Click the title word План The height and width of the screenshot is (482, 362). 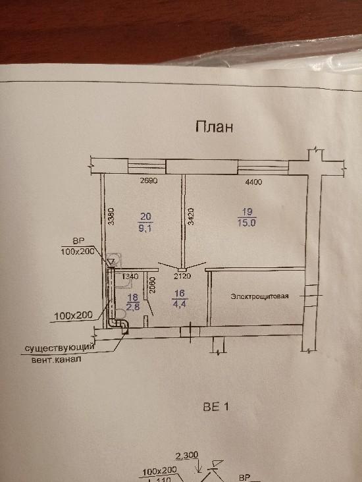(x=214, y=126)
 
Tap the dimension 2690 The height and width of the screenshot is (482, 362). (x=149, y=180)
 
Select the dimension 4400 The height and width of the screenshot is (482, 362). (x=254, y=182)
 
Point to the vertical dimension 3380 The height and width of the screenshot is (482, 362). (x=111, y=217)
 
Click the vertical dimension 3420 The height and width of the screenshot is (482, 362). (x=190, y=217)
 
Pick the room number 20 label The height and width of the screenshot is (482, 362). (x=145, y=217)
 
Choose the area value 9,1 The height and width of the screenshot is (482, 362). (x=145, y=228)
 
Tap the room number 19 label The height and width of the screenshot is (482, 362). (x=247, y=212)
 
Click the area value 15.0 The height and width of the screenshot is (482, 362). (x=247, y=223)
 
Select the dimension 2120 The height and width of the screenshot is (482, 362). (x=182, y=276)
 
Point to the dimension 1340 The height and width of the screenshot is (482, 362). (x=130, y=277)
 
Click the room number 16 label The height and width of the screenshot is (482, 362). (x=180, y=294)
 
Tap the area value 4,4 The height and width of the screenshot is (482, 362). (x=180, y=304)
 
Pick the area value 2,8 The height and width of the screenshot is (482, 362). (x=134, y=307)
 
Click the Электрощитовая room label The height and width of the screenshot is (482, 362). (x=260, y=296)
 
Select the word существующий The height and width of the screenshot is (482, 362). (x=59, y=348)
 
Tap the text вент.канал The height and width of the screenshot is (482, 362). (x=57, y=359)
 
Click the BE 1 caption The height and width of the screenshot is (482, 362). (x=216, y=407)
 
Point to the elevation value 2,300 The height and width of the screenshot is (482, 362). (x=187, y=455)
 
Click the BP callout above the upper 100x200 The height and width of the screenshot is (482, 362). (x=78, y=241)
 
